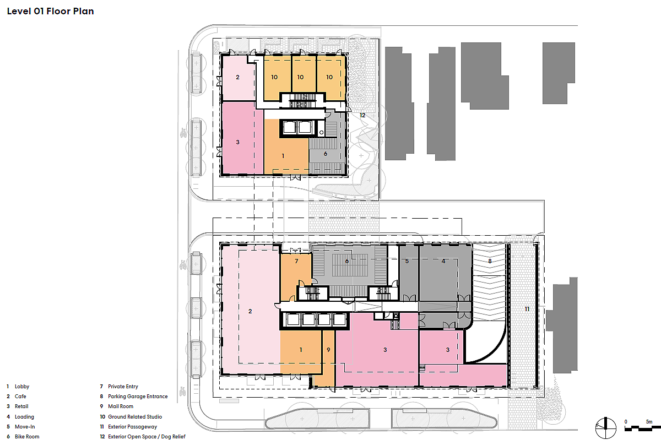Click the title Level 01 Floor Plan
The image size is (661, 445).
pyautogui.click(x=51, y=11)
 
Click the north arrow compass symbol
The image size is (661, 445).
pyautogui.click(x=605, y=428)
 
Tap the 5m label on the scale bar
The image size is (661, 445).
pyautogui.click(x=649, y=422)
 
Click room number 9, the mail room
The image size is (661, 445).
pyautogui.click(x=328, y=350)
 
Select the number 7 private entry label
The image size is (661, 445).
pyautogui.click(x=296, y=261)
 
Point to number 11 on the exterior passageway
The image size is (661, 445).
pyautogui.click(x=527, y=309)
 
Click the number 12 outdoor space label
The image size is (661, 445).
pyautogui.click(x=362, y=115)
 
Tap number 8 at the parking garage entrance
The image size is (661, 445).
pyautogui.click(x=490, y=261)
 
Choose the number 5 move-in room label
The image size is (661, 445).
pyautogui.click(x=407, y=261)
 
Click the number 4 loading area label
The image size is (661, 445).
pyautogui.click(x=443, y=261)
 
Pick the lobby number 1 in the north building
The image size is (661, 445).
pyautogui.click(x=283, y=156)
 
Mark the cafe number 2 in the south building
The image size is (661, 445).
pyautogui.click(x=250, y=311)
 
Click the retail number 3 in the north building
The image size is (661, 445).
pyautogui.click(x=238, y=142)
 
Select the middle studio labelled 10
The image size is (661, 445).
pyautogui.click(x=300, y=77)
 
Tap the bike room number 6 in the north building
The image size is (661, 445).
pyautogui.click(x=326, y=154)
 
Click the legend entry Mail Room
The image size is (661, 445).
pyautogui.click(x=121, y=406)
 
